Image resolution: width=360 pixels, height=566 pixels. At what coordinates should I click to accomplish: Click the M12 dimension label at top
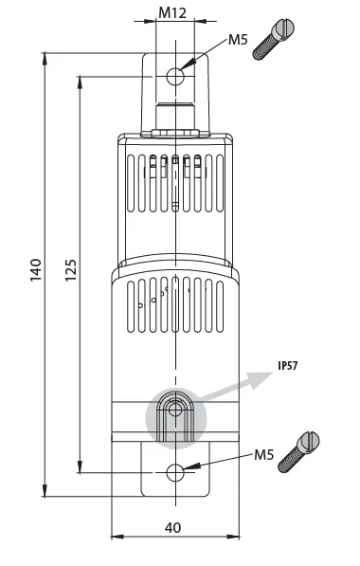click(x=172, y=14)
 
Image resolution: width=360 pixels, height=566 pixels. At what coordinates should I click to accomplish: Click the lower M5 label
click(x=265, y=455)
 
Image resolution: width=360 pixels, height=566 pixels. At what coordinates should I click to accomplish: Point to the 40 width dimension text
click(x=173, y=526)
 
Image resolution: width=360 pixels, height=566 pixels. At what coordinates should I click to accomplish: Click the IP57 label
click(x=288, y=366)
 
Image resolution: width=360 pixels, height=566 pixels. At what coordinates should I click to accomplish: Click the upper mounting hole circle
click(x=175, y=77)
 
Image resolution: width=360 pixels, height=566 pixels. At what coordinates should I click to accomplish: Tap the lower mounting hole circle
click(x=175, y=471)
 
